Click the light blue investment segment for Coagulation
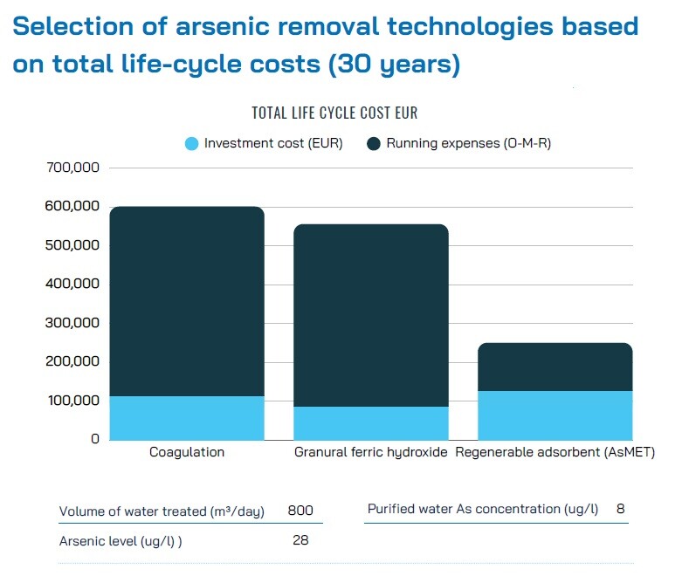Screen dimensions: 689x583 point(187,418)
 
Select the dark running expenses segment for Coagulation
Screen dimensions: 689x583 point(187,301)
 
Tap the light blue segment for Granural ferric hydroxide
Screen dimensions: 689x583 point(371,423)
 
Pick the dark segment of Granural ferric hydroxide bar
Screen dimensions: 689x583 point(371,315)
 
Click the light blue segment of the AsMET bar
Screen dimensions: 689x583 point(555,415)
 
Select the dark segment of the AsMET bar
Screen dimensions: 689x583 point(555,367)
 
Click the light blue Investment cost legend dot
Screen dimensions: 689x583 point(191,143)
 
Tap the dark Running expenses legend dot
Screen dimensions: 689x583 point(374,143)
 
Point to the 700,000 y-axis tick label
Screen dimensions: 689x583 point(73,168)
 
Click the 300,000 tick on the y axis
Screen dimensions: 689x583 point(72,323)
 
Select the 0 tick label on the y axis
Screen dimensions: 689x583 point(95,439)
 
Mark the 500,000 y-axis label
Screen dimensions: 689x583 point(72,245)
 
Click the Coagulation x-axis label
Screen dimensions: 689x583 point(187,452)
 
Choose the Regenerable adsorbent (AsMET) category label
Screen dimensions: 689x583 point(555,452)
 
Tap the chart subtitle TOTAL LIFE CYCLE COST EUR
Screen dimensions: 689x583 point(334,113)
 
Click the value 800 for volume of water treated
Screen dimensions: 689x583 point(300,510)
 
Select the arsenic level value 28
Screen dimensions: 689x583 point(300,540)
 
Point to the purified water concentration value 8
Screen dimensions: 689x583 point(621,508)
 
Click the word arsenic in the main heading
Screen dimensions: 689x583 point(223,26)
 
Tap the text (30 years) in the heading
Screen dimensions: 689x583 point(394,64)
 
